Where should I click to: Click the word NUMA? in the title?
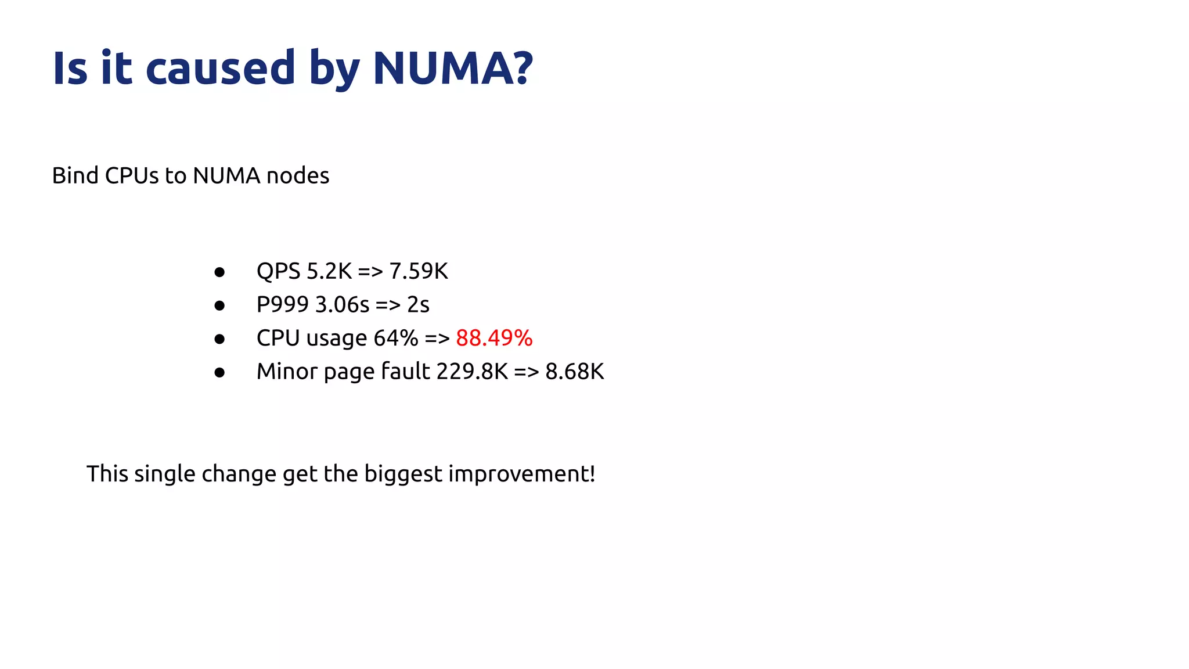[452, 68]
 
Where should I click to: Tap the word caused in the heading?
[221, 68]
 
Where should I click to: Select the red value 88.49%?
[494, 338]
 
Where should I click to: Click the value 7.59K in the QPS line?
[419, 271]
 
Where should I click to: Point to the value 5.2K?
[329, 271]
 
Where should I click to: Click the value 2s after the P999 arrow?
[418, 305]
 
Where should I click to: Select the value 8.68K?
[574, 372]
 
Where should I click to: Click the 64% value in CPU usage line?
[395, 338]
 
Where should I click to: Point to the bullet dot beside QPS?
[219, 272]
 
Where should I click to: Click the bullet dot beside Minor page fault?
[219, 372]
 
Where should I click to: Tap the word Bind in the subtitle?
[75, 175]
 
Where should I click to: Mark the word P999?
[282, 305]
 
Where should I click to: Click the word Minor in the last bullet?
[287, 372]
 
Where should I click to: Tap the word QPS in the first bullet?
[278, 271]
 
